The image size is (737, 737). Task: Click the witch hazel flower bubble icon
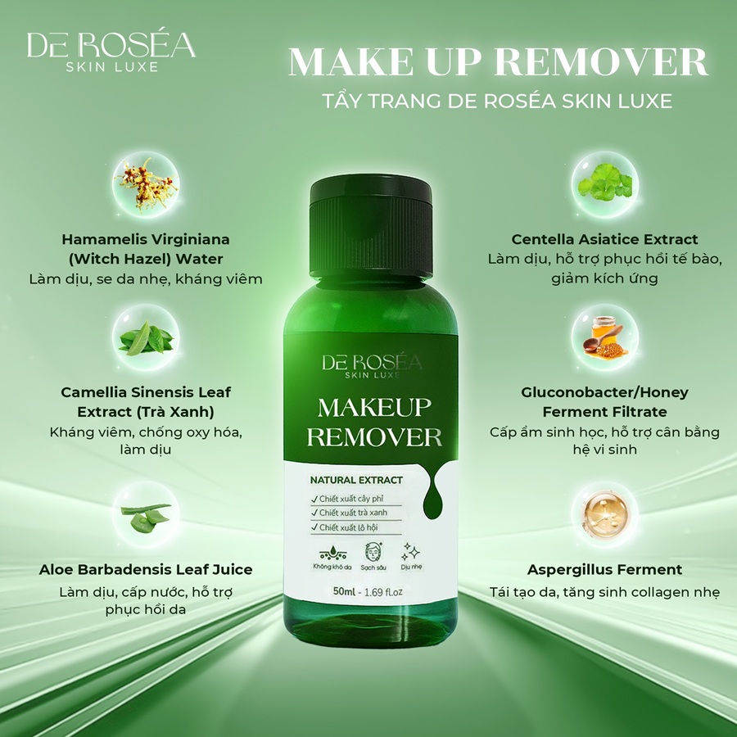click(147, 184)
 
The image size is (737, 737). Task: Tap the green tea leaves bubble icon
click(147, 337)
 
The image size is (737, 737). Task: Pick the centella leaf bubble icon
click(605, 184)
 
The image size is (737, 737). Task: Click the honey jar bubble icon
click(605, 337)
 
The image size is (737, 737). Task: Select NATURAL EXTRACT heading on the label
click(356, 480)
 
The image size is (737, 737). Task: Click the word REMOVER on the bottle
click(374, 436)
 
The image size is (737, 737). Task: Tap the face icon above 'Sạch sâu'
click(373, 551)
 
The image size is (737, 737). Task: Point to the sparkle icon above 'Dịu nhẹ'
click(410, 552)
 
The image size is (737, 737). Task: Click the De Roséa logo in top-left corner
click(111, 52)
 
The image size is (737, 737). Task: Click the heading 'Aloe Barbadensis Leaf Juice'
click(146, 570)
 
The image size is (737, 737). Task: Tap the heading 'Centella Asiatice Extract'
click(605, 239)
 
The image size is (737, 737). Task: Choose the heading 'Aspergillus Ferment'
click(605, 570)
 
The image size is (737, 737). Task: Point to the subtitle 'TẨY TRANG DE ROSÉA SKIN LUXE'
click(497, 102)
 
